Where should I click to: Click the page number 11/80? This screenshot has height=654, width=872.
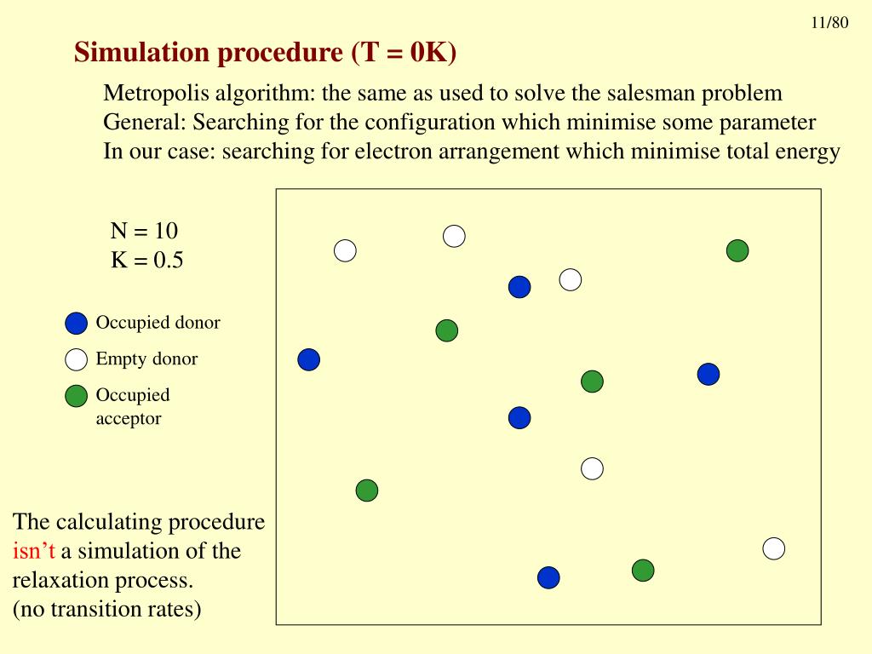[829, 23]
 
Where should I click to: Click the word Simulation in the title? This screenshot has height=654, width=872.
[135, 53]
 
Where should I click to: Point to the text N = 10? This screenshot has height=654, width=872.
[144, 231]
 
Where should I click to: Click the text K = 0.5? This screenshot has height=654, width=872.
[146, 261]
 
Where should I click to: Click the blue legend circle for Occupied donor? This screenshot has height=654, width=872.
[77, 324]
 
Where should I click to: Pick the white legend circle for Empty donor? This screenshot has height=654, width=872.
[77, 359]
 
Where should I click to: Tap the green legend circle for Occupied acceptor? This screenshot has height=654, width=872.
[77, 396]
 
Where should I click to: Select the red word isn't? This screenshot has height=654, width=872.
[34, 551]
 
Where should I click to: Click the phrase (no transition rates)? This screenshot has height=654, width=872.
[107, 610]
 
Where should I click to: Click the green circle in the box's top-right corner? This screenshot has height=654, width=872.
[737, 250]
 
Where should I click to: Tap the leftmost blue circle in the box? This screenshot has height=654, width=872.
[309, 360]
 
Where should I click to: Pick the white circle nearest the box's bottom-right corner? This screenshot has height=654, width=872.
[773, 549]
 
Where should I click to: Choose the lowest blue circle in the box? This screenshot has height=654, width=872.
[549, 577]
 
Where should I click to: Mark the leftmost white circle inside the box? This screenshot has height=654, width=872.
[345, 250]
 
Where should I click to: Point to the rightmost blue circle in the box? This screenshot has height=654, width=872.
[708, 374]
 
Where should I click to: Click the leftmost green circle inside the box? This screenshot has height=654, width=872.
[367, 490]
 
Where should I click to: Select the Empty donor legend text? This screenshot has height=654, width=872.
[146, 359]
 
